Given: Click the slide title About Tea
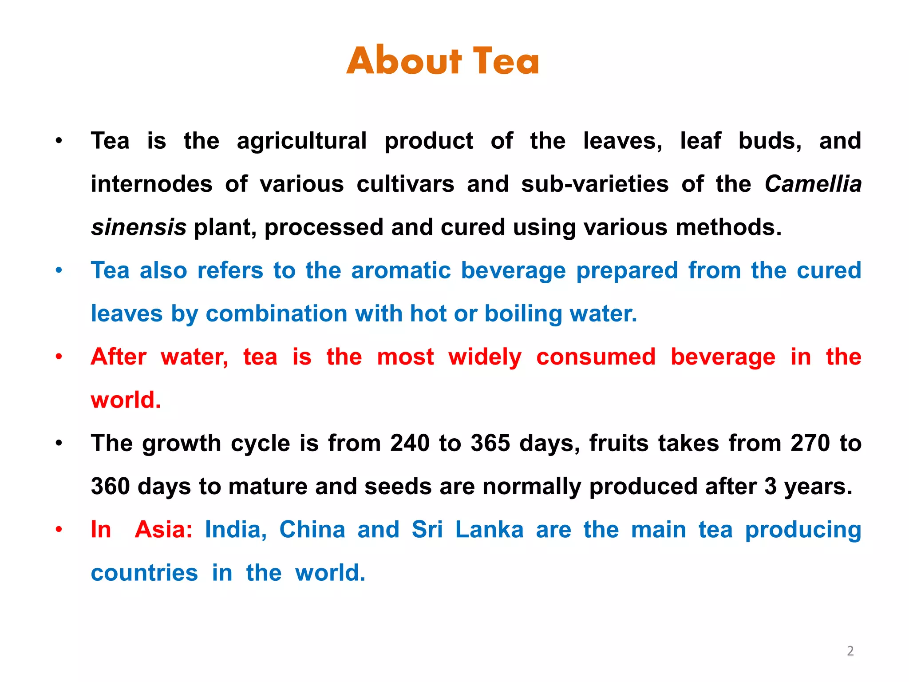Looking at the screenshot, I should pyautogui.click(x=443, y=61).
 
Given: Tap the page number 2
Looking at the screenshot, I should pyautogui.click(x=850, y=651).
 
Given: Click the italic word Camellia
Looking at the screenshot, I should pyautogui.click(x=813, y=184).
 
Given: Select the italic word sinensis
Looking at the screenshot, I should pyautogui.click(x=138, y=227).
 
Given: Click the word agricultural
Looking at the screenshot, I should pyautogui.click(x=302, y=141).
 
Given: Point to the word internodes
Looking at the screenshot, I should pyautogui.click(x=152, y=184).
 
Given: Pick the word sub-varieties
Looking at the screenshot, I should pyautogui.click(x=595, y=184).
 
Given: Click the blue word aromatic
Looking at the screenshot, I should pyautogui.click(x=401, y=270).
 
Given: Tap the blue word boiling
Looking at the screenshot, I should pyautogui.click(x=523, y=313).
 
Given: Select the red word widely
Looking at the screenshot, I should pyautogui.click(x=485, y=357).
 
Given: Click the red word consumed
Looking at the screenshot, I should pyautogui.click(x=596, y=357).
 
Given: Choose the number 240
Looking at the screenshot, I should pyautogui.click(x=410, y=443).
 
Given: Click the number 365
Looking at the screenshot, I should pyautogui.click(x=490, y=443).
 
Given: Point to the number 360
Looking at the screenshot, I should pyautogui.click(x=110, y=486).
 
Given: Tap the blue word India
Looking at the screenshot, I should pyautogui.click(x=236, y=530).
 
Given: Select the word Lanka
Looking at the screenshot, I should pyautogui.click(x=490, y=530).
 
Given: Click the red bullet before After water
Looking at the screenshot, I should pyautogui.click(x=59, y=357).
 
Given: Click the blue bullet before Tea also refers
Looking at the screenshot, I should pyautogui.click(x=59, y=270).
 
